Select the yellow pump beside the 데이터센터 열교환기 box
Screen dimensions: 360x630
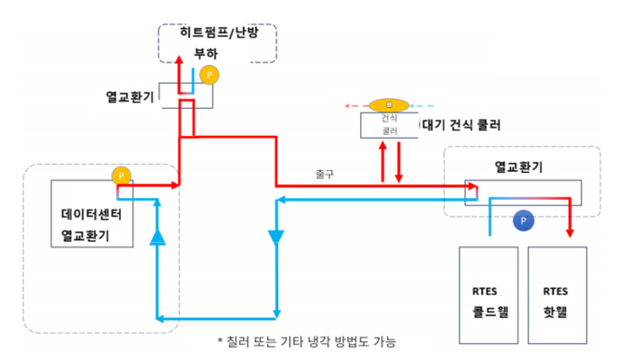coord(121,175)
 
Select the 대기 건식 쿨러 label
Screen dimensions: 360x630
coord(462,124)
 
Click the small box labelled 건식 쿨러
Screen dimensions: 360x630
coord(390,124)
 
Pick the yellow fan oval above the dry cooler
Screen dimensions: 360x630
coord(389,103)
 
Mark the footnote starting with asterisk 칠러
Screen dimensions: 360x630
coord(306,341)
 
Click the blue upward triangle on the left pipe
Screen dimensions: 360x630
coord(158,237)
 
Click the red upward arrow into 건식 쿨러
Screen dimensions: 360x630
coord(384,148)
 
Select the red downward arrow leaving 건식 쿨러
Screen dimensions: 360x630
coord(398,176)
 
